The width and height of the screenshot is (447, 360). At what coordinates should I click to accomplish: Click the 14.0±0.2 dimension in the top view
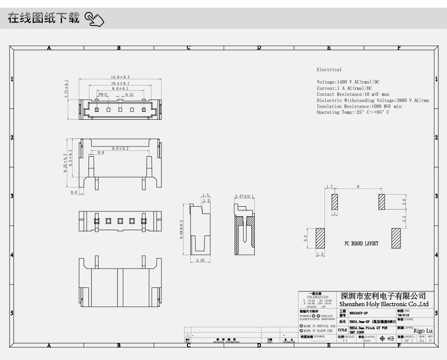(x=120, y=77)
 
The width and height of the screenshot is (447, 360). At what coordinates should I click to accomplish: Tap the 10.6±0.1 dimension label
(x=120, y=83)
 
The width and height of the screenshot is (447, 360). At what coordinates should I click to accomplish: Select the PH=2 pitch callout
(x=102, y=95)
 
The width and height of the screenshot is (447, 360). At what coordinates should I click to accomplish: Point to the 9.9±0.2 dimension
(x=120, y=149)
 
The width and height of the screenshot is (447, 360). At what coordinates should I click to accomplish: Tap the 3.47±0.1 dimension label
(x=244, y=197)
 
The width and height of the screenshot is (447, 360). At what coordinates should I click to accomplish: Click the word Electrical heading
(x=329, y=70)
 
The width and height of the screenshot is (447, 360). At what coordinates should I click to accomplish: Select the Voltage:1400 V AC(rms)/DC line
(x=348, y=82)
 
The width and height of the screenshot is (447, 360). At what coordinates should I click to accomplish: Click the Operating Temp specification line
(x=353, y=112)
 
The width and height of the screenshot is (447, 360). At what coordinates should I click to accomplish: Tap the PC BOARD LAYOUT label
(x=361, y=244)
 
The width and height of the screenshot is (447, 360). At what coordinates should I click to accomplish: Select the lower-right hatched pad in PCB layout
(x=396, y=238)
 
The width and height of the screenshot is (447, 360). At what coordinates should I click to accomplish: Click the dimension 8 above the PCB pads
(x=358, y=186)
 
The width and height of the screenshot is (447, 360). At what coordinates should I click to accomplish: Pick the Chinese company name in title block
(x=383, y=296)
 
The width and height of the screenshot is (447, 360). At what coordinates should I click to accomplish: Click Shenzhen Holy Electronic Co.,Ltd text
(x=384, y=304)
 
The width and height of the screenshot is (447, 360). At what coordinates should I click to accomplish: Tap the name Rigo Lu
(x=423, y=331)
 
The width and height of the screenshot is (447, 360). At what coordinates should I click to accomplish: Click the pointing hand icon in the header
(x=95, y=20)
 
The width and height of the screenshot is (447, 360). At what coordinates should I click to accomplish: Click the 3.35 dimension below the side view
(x=201, y=261)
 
